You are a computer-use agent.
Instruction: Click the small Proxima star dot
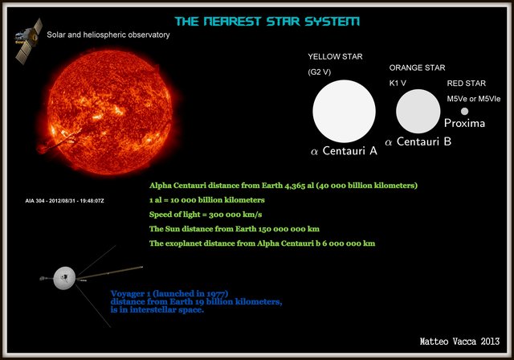click(x=464, y=111)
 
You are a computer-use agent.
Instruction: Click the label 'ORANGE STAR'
click(x=417, y=68)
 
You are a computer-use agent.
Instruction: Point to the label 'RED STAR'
click(x=467, y=84)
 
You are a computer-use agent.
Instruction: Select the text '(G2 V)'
click(x=320, y=72)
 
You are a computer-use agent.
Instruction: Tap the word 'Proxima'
click(x=464, y=124)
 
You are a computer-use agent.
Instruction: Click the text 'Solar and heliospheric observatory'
click(x=108, y=35)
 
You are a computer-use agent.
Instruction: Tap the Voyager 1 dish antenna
click(x=61, y=280)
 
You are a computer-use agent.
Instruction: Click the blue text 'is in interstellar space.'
click(x=157, y=309)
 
